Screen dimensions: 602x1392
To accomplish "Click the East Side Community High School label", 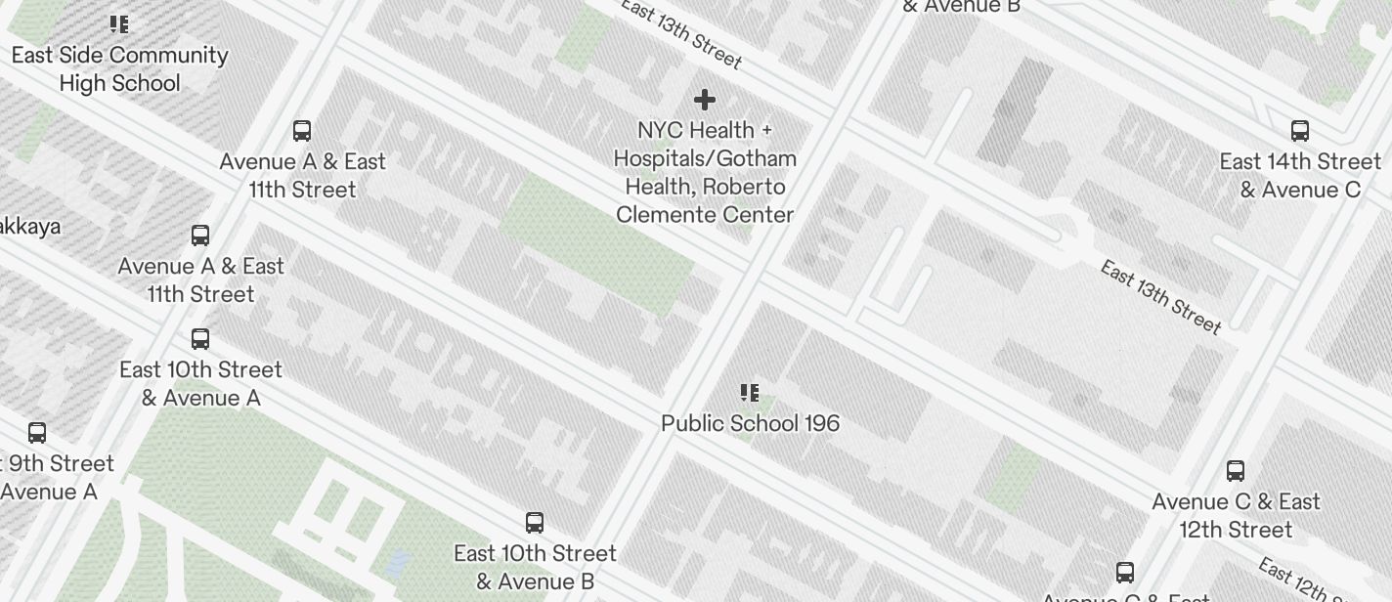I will click(x=119, y=68).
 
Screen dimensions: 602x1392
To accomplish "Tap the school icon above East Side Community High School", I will click(x=118, y=24).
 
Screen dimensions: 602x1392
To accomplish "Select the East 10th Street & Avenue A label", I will click(x=200, y=383).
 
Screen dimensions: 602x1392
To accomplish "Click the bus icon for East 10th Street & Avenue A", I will click(x=200, y=339).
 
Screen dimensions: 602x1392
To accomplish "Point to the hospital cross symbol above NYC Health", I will click(x=704, y=100).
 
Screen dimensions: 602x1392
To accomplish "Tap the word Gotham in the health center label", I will click(x=755, y=158).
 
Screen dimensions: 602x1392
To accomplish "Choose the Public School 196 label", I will click(x=750, y=423).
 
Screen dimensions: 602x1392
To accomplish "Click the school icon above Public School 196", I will click(x=750, y=393).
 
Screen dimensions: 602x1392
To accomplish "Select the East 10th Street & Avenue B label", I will click(x=535, y=567).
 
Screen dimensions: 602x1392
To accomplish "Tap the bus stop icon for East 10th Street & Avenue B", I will click(x=535, y=522).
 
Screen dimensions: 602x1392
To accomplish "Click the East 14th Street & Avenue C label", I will click(x=1300, y=175).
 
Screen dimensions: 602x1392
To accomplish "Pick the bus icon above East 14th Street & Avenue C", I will click(x=1300, y=130).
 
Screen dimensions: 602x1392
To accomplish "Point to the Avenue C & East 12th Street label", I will click(x=1236, y=515).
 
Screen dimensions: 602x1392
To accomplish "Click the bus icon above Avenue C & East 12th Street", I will click(x=1236, y=471).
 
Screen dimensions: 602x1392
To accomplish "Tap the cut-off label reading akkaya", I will click(x=29, y=227).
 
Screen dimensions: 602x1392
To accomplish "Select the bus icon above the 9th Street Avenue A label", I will click(x=37, y=432).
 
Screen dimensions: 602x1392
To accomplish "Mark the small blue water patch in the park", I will click(x=398, y=562).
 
